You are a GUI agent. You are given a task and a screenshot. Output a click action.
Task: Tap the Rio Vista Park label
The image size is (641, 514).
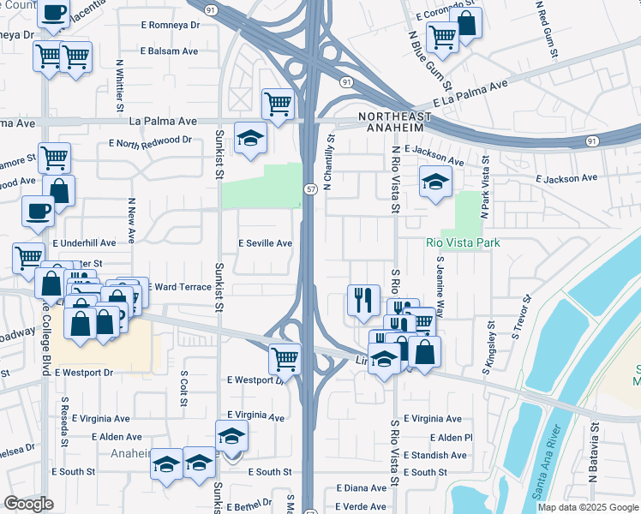[463, 242]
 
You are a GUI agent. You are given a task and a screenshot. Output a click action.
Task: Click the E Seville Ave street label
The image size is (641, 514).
[266, 243]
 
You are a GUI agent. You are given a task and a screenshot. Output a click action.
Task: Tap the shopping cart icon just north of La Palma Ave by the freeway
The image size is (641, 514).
[279, 105]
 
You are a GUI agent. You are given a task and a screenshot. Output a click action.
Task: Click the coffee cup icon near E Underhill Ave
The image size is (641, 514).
[38, 211]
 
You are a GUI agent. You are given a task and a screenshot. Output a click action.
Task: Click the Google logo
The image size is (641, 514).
[28, 504]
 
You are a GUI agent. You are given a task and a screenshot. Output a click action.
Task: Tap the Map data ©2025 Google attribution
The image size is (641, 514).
[587, 507]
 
